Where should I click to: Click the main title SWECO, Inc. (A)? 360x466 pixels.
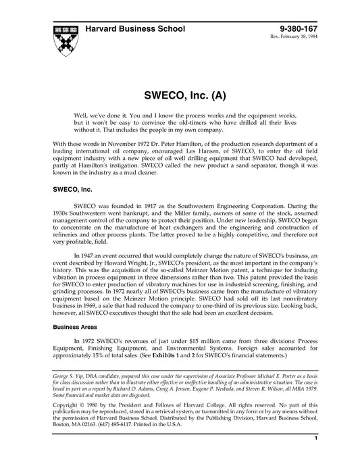coord(180,97)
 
